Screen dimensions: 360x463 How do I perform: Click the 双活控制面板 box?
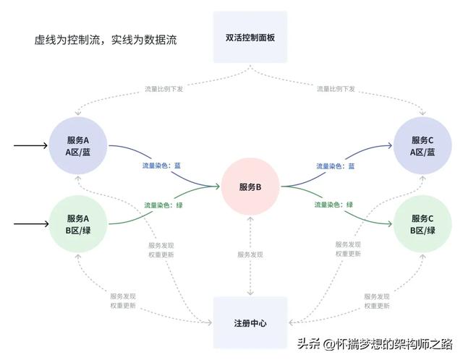[251, 37]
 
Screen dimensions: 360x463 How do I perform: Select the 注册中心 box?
[251, 322]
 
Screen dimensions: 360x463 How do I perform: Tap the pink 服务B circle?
[250, 187]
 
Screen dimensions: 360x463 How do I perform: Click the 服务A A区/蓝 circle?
[77, 145]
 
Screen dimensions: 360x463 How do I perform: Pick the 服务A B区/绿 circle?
[77, 224]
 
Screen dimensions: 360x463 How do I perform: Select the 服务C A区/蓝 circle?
[422, 145]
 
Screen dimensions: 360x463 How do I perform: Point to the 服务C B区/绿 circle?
[422, 224]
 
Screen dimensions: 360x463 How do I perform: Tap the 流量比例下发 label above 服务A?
[164, 89]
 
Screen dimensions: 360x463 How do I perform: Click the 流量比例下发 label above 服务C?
[336, 89]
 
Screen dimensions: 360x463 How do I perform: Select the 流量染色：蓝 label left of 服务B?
[161, 166]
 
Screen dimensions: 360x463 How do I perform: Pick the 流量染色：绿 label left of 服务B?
[162, 205]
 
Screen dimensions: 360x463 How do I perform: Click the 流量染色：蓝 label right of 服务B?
[335, 166]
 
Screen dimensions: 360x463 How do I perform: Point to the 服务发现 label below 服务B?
[250, 254]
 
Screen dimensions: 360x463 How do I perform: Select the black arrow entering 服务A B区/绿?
[30, 224]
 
